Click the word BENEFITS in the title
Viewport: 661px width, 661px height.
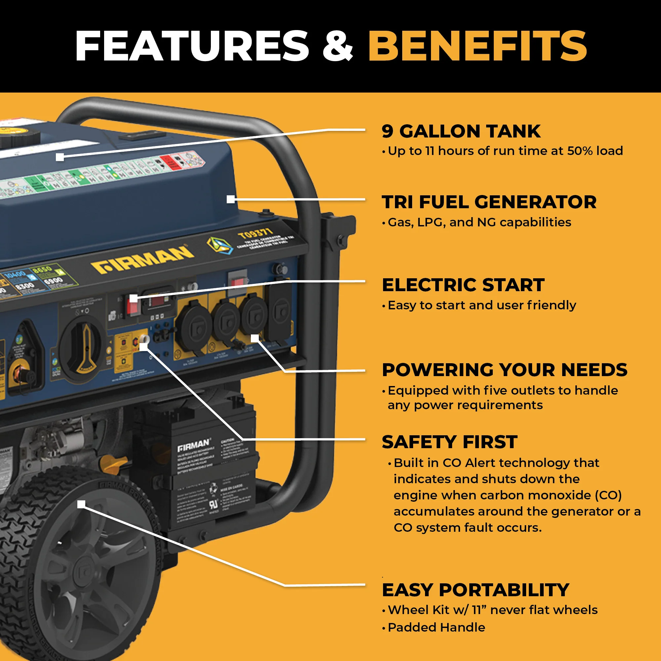[x=477, y=46]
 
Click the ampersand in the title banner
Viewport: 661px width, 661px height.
[x=338, y=46]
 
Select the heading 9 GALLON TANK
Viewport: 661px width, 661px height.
[x=461, y=132]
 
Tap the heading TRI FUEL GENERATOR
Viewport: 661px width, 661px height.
[x=489, y=202]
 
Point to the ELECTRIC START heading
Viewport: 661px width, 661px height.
[x=463, y=285]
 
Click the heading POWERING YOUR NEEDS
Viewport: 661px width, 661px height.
[x=504, y=370]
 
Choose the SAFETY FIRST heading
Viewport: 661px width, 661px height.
[x=449, y=442]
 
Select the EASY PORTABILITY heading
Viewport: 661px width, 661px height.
[x=475, y=590]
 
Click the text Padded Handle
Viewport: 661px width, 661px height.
[x=436, y=627]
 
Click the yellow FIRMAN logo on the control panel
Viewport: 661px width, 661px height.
[x=142, y=261]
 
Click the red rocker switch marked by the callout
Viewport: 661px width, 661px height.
[x=133, y=304]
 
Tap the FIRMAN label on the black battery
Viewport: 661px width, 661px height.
[x=193, y=446]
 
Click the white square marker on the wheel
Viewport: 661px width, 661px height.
[x=81, y=504]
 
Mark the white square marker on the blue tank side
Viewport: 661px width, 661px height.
[x=231, y=199]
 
